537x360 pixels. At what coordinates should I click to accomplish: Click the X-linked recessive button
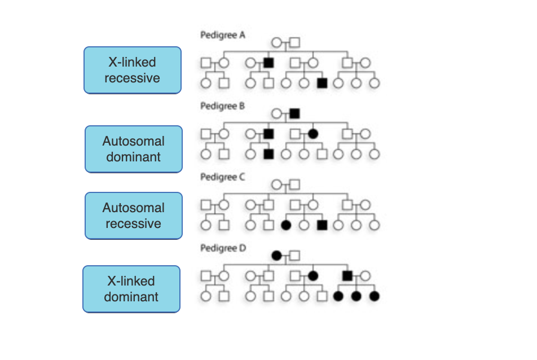click(133, 70)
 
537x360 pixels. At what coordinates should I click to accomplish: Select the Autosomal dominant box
click(134, 149)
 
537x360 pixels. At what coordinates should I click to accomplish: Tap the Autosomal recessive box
click(134, 216)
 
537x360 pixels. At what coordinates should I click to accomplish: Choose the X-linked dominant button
click(131, 289)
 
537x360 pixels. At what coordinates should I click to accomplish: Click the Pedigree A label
click(223, 35)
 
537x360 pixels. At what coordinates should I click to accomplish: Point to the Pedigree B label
click(223, 106)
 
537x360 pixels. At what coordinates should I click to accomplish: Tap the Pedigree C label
click(223, 177)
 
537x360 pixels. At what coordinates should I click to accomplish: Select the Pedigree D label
click(223, 248)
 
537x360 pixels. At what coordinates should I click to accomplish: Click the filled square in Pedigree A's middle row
click(268, 63)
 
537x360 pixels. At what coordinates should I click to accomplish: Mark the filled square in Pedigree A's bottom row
click(322, 83)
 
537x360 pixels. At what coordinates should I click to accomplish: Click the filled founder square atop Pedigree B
click(294, 113)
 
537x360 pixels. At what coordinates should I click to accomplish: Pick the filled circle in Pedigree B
click(313, 134)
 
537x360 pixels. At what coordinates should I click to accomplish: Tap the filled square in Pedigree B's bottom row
click(268, 154)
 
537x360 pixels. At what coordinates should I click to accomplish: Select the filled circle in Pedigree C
click(285, 225)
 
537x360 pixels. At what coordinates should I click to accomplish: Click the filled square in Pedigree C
click(322, 225)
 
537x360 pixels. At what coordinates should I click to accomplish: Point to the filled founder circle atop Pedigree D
click(276, 256)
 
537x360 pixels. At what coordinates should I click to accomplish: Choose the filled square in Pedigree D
click(348, 276)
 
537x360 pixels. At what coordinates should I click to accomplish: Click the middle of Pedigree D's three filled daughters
click(356, 296)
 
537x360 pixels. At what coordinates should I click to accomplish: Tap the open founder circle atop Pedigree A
click(276, 42)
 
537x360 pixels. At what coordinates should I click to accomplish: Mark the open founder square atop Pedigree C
click(294, 185)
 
